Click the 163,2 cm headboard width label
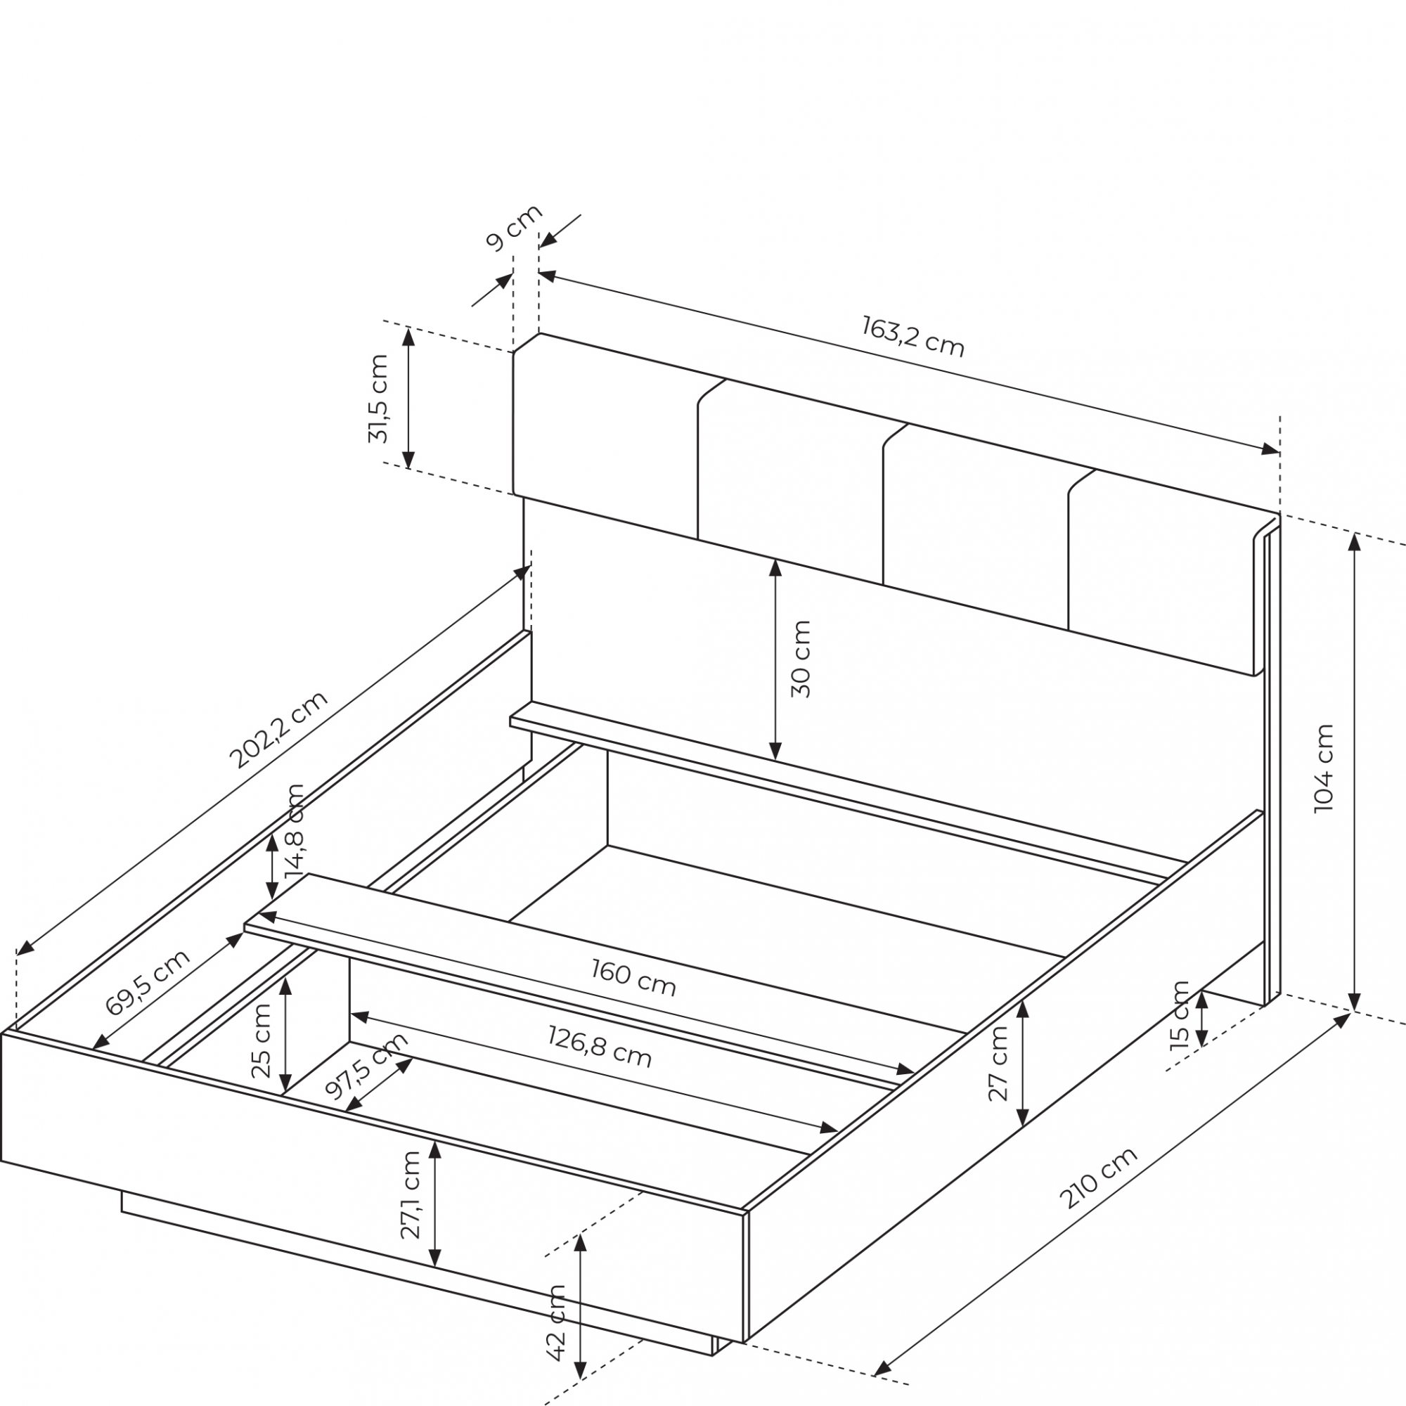[x=912, y=336]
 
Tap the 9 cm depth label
[x=515, y=228]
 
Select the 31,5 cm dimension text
[x=378, y=399]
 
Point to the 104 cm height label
[x=1324, y=768]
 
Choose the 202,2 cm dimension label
[x=278, y=729]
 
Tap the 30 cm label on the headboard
[x=801, y=659]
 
